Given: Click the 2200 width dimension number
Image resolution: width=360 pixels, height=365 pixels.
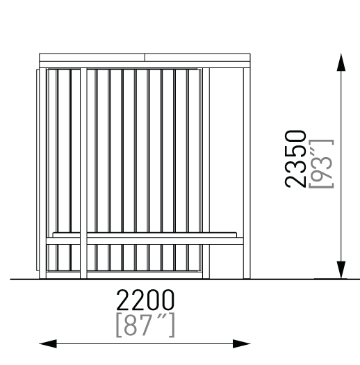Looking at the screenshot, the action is coord(145,300).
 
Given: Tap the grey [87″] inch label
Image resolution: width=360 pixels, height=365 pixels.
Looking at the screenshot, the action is coord(145,325).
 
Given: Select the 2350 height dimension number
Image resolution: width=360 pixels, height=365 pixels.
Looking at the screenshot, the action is coord(295,159).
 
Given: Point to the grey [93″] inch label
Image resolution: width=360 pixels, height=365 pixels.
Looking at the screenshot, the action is coord(321,163).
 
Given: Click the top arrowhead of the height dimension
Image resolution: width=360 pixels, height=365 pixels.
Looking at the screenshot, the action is coord(341,63).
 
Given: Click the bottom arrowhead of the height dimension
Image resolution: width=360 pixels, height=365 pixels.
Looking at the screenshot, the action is coord(341,270).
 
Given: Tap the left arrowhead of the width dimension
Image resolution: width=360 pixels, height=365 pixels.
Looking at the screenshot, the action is coord(48,343).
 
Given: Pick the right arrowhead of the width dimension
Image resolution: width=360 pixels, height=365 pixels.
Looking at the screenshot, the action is coord(242,343).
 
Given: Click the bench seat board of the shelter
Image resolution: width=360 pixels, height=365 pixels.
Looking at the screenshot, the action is coord(145,241).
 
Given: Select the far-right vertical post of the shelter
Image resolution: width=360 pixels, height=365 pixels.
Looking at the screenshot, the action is coord(247,173).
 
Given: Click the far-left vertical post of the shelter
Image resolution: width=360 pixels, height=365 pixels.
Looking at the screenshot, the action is coord(43,173).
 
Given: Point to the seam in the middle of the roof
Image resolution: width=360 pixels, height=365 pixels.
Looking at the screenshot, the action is coord(145,58).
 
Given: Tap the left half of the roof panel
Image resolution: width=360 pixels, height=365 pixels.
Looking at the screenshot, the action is coord(92,58).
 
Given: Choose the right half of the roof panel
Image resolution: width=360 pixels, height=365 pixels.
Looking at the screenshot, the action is coord(197,58).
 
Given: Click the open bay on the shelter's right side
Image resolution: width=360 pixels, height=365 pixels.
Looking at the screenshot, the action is coord(227,152).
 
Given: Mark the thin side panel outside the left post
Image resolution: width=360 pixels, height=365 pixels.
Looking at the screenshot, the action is coord(38,170).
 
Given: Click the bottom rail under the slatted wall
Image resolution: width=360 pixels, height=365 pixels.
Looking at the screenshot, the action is coord(124,275).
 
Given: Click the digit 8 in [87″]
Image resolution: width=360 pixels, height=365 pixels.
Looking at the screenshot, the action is coord(131,325).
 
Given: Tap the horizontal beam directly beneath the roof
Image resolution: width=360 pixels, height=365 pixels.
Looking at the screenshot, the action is coord(145,65).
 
